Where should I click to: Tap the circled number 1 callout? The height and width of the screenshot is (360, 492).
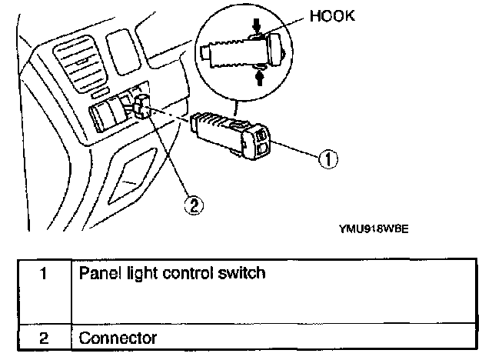pyautogui.click(x=327, y=160)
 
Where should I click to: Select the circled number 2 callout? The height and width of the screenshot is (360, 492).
pyautogui.click(x=196, y=205)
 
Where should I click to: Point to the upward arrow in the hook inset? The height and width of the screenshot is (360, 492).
pyautogui.click(x=259, y=76)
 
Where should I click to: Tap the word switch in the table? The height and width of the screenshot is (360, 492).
pyautogui.click(x=246, y=273)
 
